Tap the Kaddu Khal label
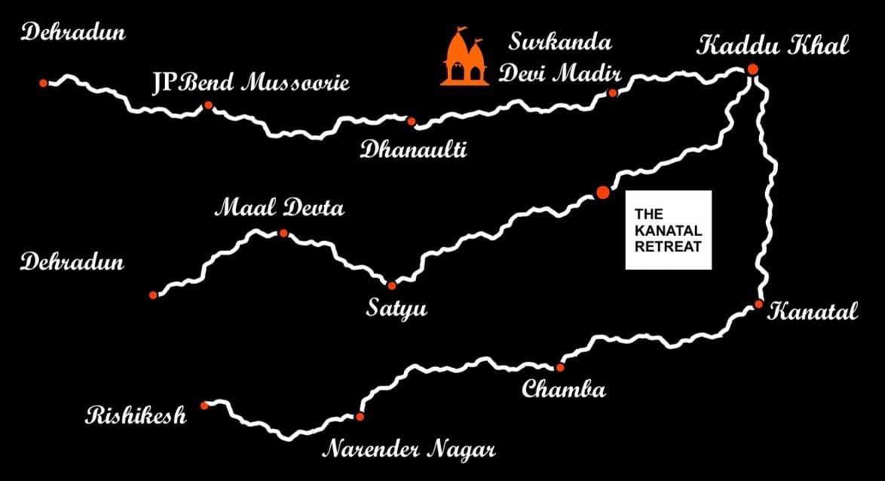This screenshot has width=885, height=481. coord(773,46)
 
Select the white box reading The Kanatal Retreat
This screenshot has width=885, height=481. coord(668,230)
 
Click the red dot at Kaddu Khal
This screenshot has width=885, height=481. coord(752,69)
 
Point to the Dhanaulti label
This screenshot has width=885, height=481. coord(413,149)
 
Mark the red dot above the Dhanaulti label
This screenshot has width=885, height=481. coord(411,121)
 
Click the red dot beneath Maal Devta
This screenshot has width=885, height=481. coord(283,234)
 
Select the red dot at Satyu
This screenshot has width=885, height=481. coord(391,285)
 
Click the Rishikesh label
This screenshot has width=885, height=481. coord(136,415)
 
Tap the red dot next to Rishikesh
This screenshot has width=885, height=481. coord(204,406)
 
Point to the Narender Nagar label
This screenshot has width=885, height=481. coord(409,450)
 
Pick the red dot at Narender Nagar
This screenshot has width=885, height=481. coord(360,416)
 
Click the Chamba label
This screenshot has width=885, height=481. coord(563,389)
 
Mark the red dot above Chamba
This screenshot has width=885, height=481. coord(559,367)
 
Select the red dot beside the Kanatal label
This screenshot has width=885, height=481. coord(758,305)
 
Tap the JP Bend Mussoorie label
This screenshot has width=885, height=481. coord(250,82)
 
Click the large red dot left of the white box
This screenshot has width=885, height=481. coord(602,192)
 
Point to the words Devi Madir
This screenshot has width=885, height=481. coord(561,74)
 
